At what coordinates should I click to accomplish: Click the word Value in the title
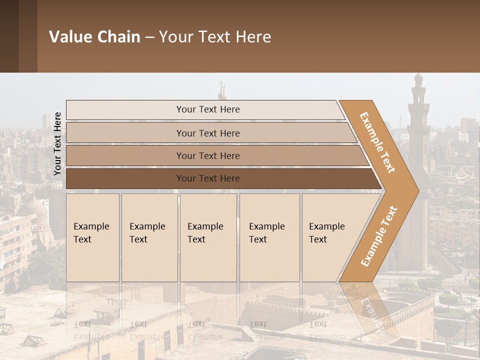(69, 37)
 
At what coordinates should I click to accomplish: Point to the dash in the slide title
(149, 37)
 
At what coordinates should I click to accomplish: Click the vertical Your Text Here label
(57, 143)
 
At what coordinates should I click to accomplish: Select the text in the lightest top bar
(208, 109)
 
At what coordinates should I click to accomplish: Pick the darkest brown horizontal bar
(208, 178)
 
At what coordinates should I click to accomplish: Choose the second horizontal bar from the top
(208, 133)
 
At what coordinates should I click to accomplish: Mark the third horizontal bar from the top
(208, 156)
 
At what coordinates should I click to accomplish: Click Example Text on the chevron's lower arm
(378, 236)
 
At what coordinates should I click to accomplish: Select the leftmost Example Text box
(92, 237)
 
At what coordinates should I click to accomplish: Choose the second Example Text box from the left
(149, 237)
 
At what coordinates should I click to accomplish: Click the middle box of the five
(208, 237)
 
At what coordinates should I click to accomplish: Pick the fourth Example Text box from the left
(269, 237)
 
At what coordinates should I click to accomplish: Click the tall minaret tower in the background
(418, 130)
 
